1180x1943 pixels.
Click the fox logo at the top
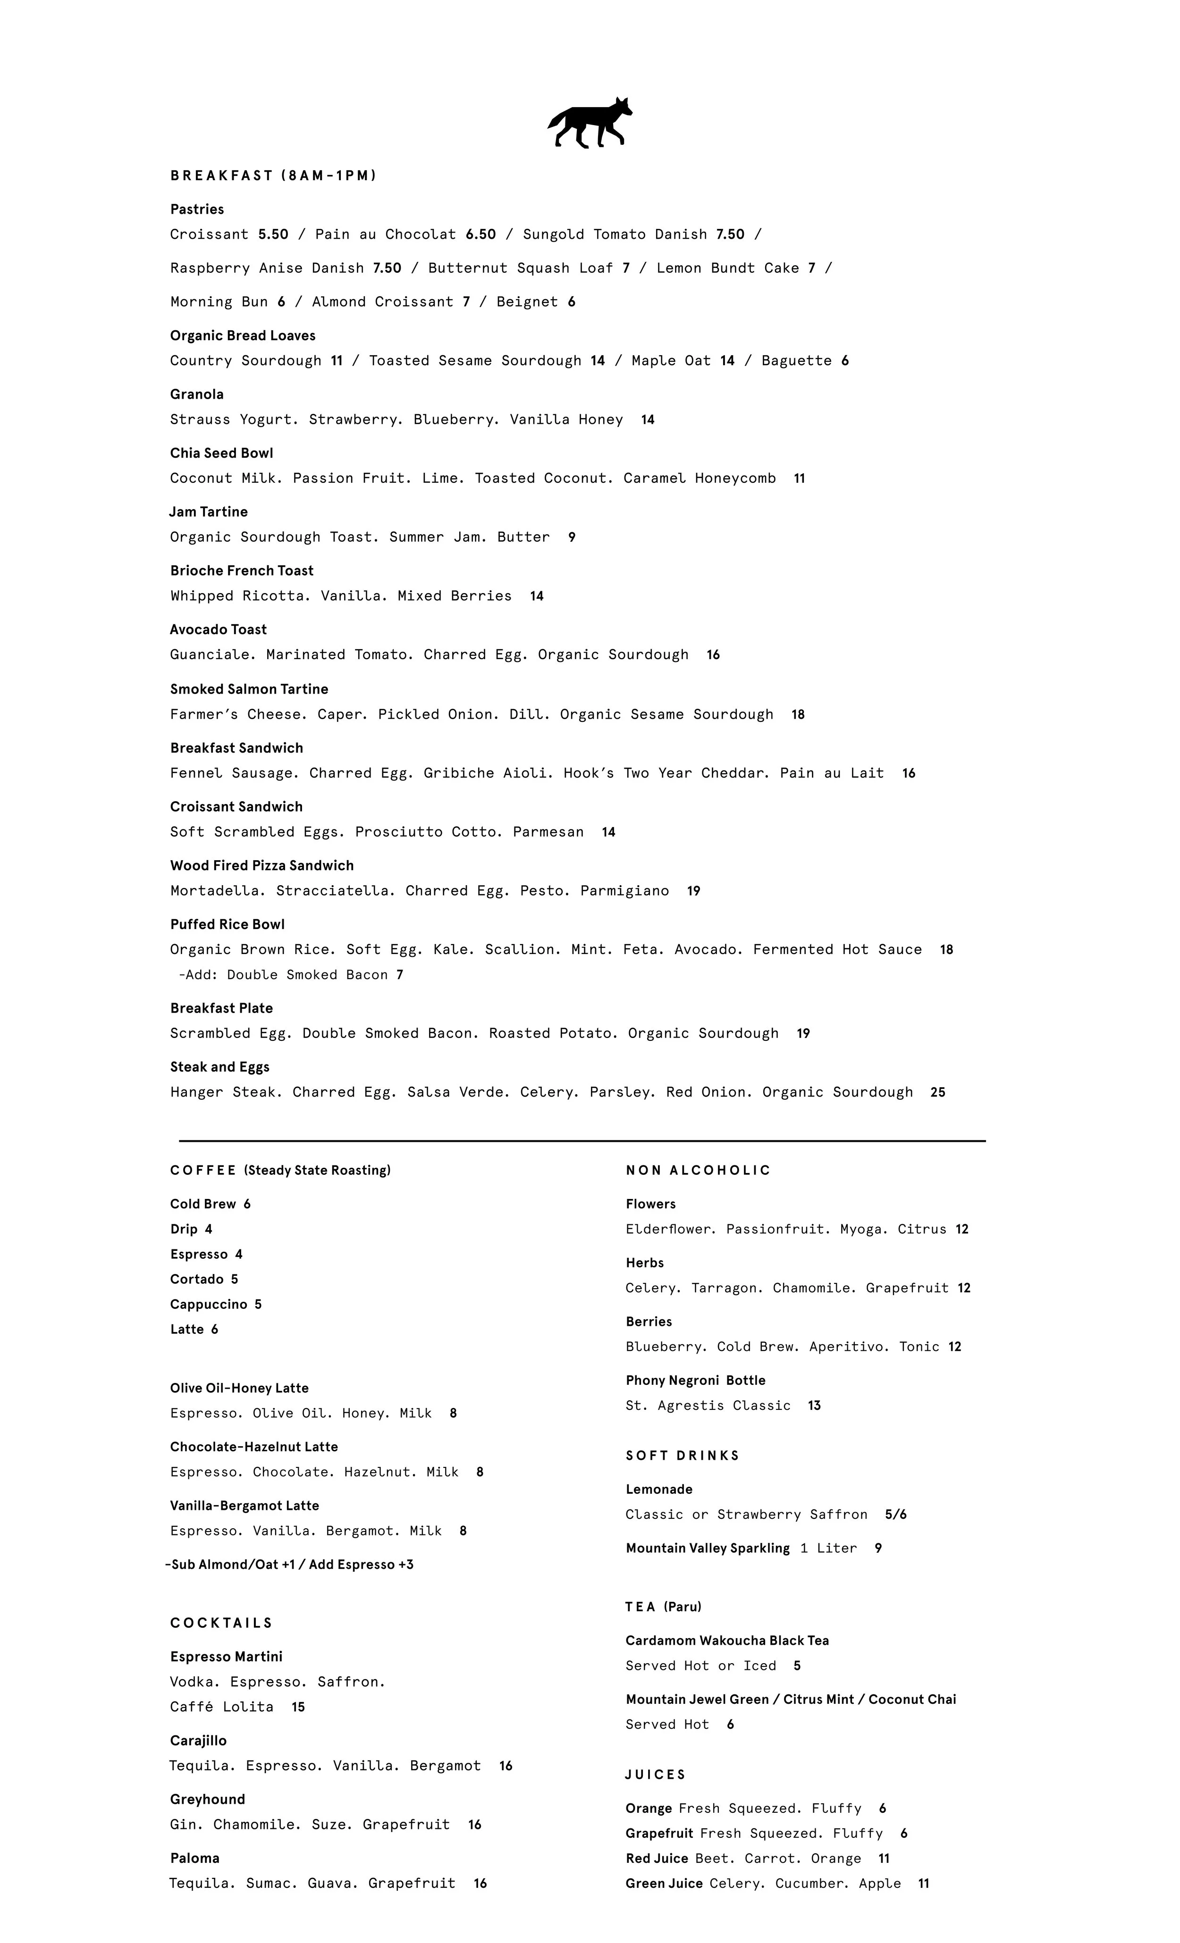tap(590, 123)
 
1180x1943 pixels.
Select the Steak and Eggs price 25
tap(937, 1092)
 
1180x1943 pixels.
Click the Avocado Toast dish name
tap(219, 629)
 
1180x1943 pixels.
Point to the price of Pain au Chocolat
tap(480, 234)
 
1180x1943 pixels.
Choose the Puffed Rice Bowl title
tap(227, 924)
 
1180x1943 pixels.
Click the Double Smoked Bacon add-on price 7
tap(400, 975)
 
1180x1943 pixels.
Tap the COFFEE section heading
tap(203, 1170)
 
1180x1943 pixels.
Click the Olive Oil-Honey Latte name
tap(239, 1388)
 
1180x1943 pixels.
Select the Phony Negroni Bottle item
tap(695, 1380)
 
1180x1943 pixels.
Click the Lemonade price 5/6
tap(895, 1514)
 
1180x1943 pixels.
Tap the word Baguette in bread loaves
tap(796, 360)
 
